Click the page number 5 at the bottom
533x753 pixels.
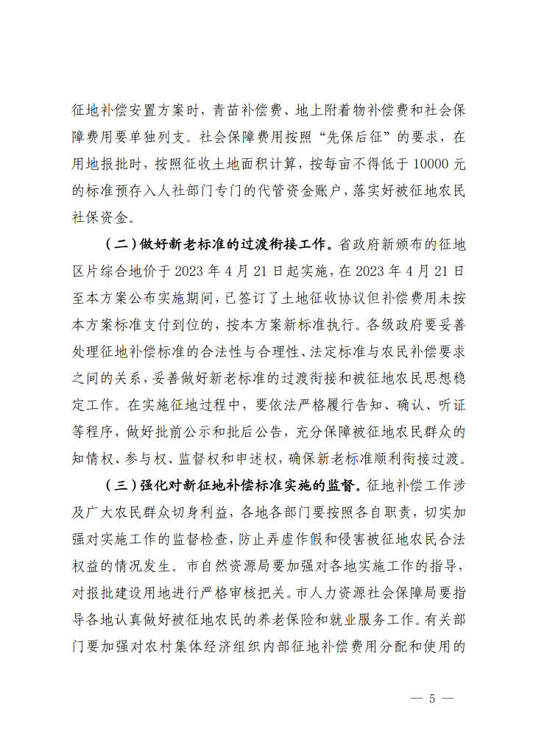point(433,699)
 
